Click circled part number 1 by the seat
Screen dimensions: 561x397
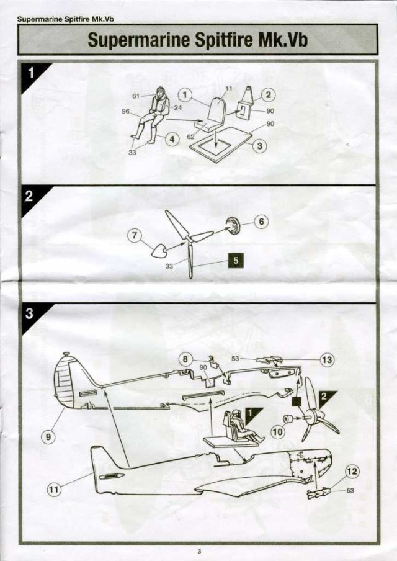pyautogui.click(x=184, y=94)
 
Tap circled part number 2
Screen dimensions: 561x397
pyautogui.click(x=269, y=95)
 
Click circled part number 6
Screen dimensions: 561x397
pyautogui.click(x=261, y=222)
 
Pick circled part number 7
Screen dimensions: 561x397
pyautogui.click(x=135, y=235)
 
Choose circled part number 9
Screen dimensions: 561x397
pyautogui.click(x=48, y=436)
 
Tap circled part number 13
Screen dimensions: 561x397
pyautogui.click(x=327, y=360)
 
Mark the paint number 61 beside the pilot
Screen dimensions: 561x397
pyautogui.click(x=136, y=96)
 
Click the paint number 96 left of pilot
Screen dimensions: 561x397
pyautogui.click(x=125, y=112)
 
